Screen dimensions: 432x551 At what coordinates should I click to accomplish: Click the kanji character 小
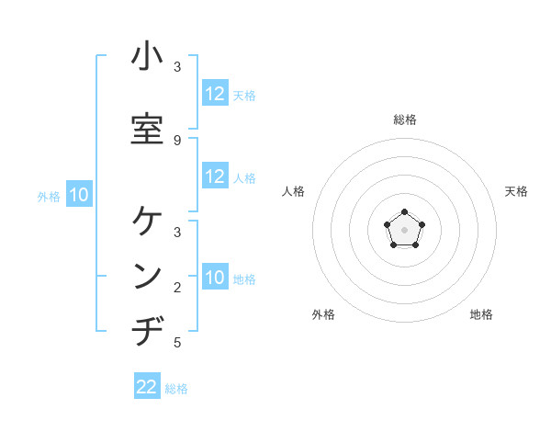click(x=147, y=57)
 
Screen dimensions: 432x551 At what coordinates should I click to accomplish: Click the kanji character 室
click(x=147, y=130)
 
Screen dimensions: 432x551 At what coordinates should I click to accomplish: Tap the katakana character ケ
click(x=147, y=222)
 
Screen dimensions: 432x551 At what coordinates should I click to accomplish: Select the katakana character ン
click(x=147, y=277)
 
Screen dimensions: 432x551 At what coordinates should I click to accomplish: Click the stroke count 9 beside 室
click(x=177, y=140)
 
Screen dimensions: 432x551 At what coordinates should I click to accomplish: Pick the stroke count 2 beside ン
click(x=177, y=288)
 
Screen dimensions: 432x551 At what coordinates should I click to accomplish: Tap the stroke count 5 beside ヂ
click(x=177, y=343)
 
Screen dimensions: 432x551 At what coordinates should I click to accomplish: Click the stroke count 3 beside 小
click(x=177, y=67)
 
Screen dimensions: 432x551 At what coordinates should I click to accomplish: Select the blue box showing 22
click(x=147, y=387)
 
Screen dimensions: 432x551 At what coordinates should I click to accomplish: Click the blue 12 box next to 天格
click(x=215, y=94)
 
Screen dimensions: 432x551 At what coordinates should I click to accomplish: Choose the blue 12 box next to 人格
click(x=215, y=176)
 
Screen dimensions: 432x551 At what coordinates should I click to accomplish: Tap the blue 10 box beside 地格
click(x=215, y=278)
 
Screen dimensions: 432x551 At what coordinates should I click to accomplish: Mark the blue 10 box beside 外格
click(x=79, y=195)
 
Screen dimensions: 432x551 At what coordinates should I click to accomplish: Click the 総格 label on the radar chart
click(x=405, y=119)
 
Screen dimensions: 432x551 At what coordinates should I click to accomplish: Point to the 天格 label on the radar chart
click(x=517, y=191)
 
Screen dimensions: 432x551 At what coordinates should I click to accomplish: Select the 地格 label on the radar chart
click(x=481, y=314)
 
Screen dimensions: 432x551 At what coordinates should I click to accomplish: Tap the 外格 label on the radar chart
click(x=323, y=314)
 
